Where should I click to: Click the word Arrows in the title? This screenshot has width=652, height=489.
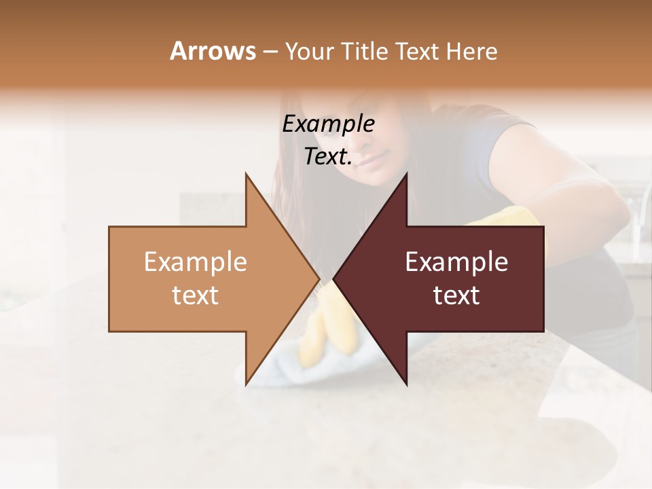[213, 51]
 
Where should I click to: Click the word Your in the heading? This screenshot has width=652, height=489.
[309, 51]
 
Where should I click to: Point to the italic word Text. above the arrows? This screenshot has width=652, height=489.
[328, 157]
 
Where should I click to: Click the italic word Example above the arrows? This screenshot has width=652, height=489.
[328, 124]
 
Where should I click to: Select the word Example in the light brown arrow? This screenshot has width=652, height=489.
[195, 261]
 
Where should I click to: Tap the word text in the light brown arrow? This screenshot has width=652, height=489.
[195, 295]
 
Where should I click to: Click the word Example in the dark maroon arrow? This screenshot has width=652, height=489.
[456, 261]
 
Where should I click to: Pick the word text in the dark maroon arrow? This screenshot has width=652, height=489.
[456, 295]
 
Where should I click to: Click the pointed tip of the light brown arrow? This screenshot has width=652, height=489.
[319, 278]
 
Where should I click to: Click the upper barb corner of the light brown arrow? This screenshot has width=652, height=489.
[246, 174]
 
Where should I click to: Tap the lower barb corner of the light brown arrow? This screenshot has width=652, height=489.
[246, 384]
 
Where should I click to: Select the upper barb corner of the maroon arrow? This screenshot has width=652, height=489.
[406, 174]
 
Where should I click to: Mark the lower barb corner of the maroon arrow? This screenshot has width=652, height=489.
[406, 384]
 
